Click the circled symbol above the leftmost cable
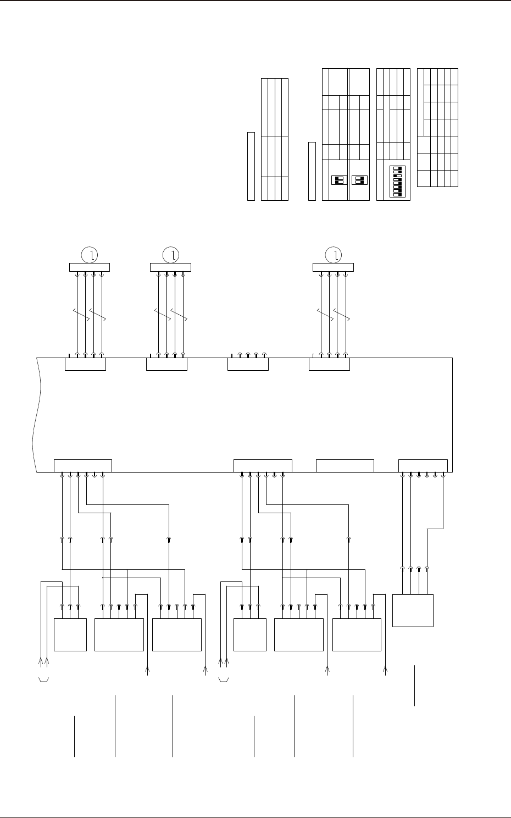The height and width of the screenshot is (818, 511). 90,255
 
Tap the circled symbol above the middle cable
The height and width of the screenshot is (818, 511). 171,255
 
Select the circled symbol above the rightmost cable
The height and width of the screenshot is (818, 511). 334,255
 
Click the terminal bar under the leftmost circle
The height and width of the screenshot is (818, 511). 90,267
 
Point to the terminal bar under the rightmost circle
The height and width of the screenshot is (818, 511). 333,267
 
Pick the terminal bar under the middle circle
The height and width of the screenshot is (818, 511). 170,267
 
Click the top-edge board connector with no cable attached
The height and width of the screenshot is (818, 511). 248,364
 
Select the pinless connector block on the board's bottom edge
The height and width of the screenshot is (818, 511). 345,465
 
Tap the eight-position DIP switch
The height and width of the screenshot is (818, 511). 398,182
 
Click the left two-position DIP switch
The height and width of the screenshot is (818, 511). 339,180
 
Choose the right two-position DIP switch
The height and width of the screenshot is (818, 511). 360,180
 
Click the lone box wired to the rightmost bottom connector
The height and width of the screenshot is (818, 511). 413,610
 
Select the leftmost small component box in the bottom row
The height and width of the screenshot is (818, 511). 70,635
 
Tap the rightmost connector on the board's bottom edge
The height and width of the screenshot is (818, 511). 423,465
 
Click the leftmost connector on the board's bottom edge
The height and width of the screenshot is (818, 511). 83,465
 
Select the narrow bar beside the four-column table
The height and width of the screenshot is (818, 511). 251,166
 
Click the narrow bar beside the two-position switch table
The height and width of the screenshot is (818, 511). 312,171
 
